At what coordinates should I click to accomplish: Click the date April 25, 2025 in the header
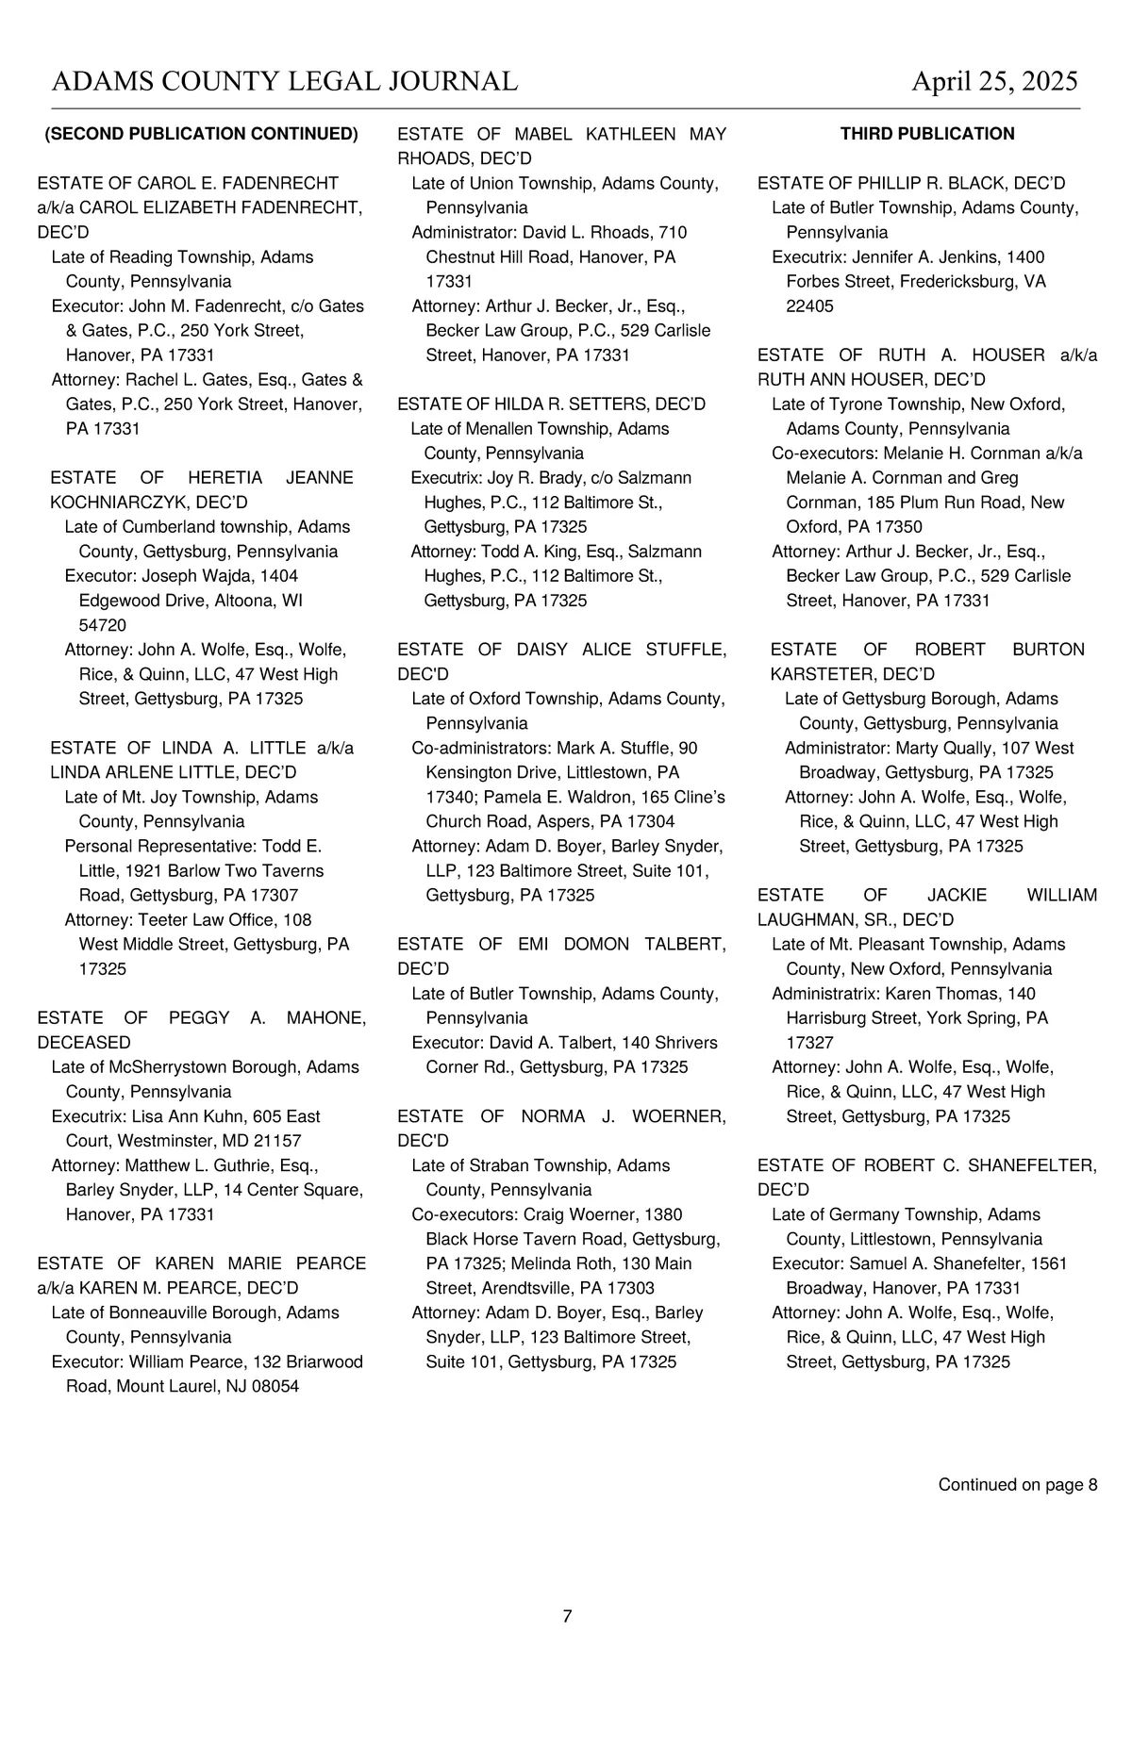pyautogui.click(x=994, y=82)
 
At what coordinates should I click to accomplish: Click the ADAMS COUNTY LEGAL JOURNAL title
pyautogui.click(x=284, y=82)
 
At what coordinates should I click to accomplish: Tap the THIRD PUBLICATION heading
pyautogui.click(x=927, y=134)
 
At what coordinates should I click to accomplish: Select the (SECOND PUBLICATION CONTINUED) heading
pyautogui.click(x=202, y=134)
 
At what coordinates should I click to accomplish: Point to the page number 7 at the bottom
pyautogui.click(x=567, y=1616)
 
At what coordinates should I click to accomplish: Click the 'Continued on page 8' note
pyautogui.click(x=1017, y=1485)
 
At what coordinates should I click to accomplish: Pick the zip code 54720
pyautogui.click(x=102, y=625)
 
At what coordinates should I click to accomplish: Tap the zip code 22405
pyautogui.click(x=809, y=306)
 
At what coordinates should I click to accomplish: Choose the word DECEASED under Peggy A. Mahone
pyautogui.click(x=84, y=1043)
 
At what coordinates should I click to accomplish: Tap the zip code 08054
pyautogui.click(x=275, y=1386)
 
